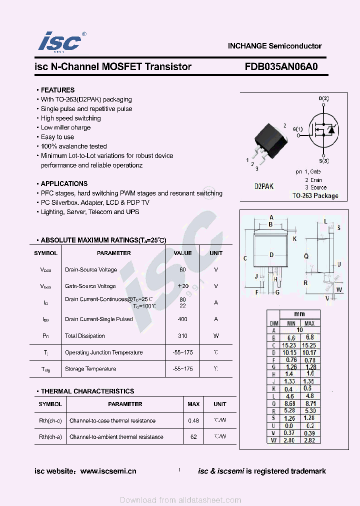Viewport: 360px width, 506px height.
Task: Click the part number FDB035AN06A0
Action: pos(281,66)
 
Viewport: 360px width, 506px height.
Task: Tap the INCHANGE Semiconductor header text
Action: pos(274,46)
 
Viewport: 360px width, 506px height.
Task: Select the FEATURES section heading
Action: pos(57,90)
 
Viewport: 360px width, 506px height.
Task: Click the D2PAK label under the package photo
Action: pos(264,186)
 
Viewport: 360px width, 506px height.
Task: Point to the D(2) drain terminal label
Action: pos(324,98)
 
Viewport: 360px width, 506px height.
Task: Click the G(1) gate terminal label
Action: pos(298,129)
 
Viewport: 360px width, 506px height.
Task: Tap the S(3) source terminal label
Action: pos(324,161)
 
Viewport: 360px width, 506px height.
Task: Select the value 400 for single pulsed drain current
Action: pos(182,319)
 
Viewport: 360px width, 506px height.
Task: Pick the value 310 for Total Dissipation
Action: pos(182,336)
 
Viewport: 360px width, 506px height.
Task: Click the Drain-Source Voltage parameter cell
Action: pos(91,270)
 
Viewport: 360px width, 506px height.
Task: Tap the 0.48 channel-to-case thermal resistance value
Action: pos(193,421)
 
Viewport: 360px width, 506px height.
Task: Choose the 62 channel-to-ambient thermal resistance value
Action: pos(193,437)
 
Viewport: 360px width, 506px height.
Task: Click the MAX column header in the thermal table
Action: pos(193,404)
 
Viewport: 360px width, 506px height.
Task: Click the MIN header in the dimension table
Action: pos(291,323)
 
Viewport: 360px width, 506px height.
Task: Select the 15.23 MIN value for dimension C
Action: pos(291,345)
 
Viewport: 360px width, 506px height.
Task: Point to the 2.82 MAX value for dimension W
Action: pos(309,440)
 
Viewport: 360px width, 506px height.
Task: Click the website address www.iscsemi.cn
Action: pos(108,471)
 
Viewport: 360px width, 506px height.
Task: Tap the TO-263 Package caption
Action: pos(315,196)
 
